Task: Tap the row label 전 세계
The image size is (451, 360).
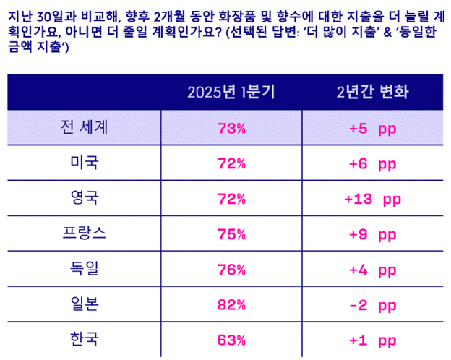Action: point(85,127)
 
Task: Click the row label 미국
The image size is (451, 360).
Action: point(85,162)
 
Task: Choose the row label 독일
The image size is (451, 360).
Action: point(85,268)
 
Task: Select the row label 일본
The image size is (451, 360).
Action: point(85,304)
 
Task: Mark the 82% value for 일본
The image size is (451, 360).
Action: point(231,305)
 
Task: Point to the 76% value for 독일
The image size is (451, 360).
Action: point(231,270)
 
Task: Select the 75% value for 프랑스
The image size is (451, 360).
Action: point(231,234)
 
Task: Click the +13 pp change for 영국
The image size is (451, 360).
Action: point(372,199)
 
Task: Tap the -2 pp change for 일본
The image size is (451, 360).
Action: point(372,305)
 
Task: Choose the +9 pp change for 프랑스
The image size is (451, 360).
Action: point(372,234)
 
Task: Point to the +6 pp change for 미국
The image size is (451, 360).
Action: point(372,164)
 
